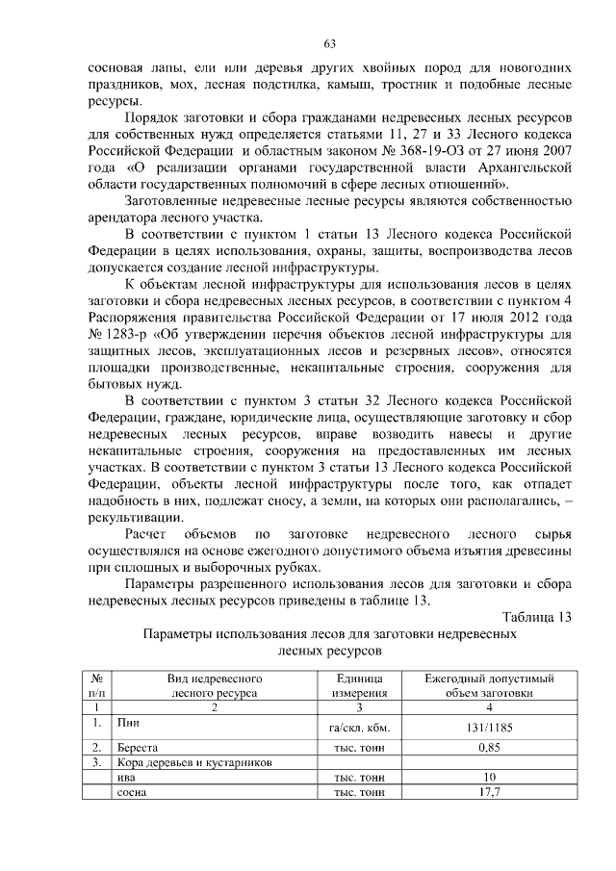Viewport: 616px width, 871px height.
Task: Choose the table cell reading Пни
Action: click(x=126, y=721)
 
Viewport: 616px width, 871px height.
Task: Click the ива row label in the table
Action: click(x=124, y=778)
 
